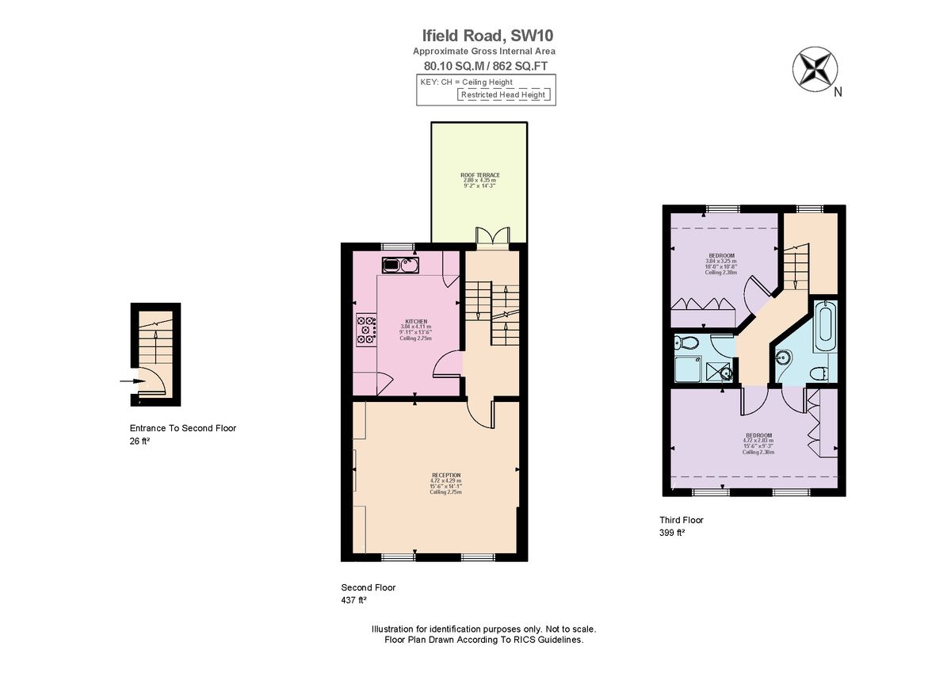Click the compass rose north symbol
(x=814, y=68)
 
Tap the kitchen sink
(x=400, y=264)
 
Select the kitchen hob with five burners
(x=367, y=329)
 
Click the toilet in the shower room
(x=686, y=342)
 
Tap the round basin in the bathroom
(x=784, y=358)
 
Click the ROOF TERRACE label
(x=479, y=175)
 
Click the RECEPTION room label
(x=445, y=475)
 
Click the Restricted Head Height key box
(x=504, y=95)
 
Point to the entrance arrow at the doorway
(x=128, y=381)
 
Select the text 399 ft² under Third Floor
(x=672, y=533)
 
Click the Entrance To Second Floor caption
(x=183, y=428)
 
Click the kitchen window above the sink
(x=397, y=246)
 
